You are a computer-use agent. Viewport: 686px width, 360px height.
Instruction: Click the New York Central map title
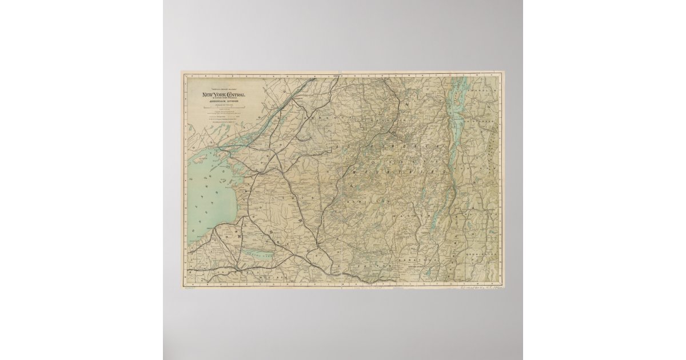coord(222,94)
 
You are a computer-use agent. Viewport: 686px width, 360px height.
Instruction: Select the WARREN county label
coord(412,217)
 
